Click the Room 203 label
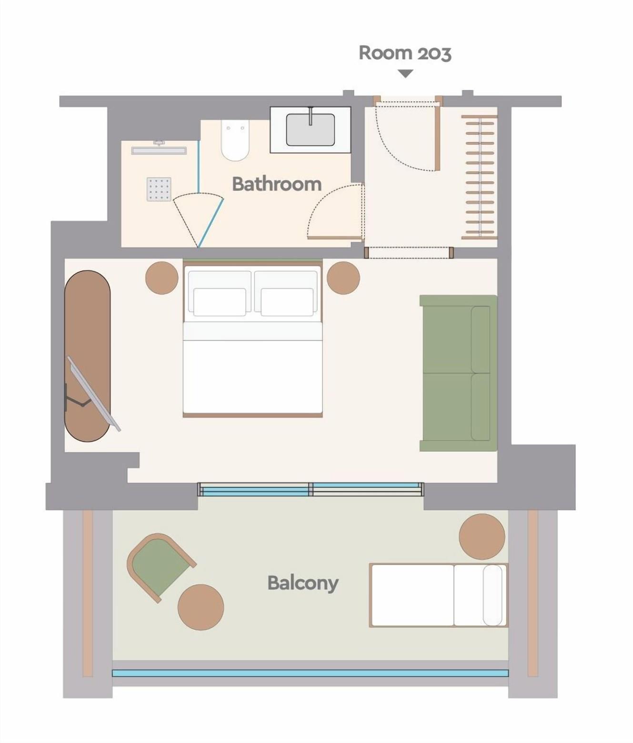point(405,53)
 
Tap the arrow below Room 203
point(406,73)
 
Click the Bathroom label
point(277,184)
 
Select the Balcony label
point(303,583)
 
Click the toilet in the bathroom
point(235,141)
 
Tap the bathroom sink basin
point(311,130)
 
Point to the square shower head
point(159,189)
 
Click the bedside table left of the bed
point(162,278)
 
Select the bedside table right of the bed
point(343,278)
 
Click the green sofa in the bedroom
point(458,373)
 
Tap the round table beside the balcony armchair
point(201,607)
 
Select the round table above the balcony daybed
point(482,537)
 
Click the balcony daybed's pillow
point(492,595)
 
